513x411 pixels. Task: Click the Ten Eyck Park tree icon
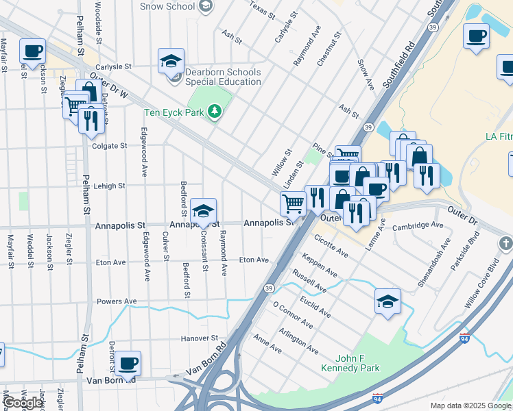215,112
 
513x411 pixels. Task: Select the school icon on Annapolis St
203,212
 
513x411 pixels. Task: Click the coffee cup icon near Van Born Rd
128,364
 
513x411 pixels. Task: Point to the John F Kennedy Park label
348,363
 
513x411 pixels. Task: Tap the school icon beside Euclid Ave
387,301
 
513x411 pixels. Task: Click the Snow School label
167,6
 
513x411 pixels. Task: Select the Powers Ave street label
117,301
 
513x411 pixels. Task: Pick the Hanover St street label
199,338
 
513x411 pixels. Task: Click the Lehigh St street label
109,186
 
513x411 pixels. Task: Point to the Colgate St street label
110,146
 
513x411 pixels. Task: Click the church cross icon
505,243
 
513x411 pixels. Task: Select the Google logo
23,403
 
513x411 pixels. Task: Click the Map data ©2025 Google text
470,406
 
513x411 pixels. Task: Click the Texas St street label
261,10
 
